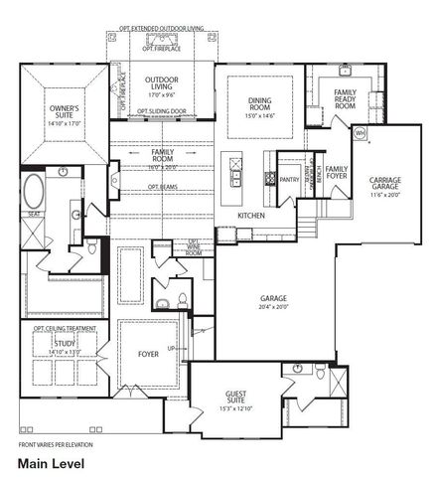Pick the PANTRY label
[x=289, y=180]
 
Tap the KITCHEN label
[x=250, y=215]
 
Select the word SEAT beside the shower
[x=33, y=213]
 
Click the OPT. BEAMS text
[x=163, y=187]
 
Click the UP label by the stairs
[x=172, y=349]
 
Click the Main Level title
[x=50, y=463]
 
